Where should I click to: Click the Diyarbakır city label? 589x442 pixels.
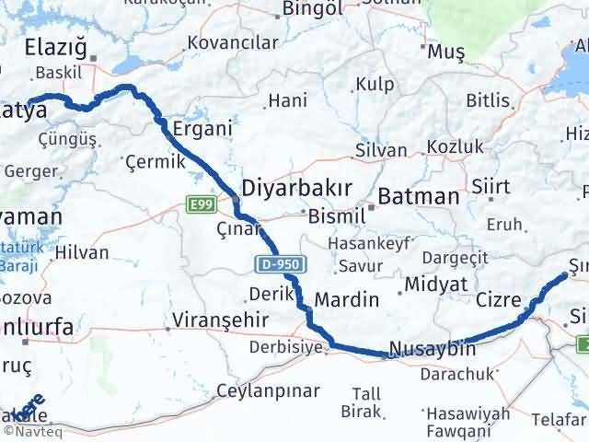coord(295,189)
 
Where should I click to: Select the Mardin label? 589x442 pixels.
coord(346,300)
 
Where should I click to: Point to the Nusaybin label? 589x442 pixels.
coord(432,349)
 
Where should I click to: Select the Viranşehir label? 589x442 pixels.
coord(218,321)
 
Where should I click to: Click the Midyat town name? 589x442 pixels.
coord(433,284)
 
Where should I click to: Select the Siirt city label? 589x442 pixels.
coord(491,186)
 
